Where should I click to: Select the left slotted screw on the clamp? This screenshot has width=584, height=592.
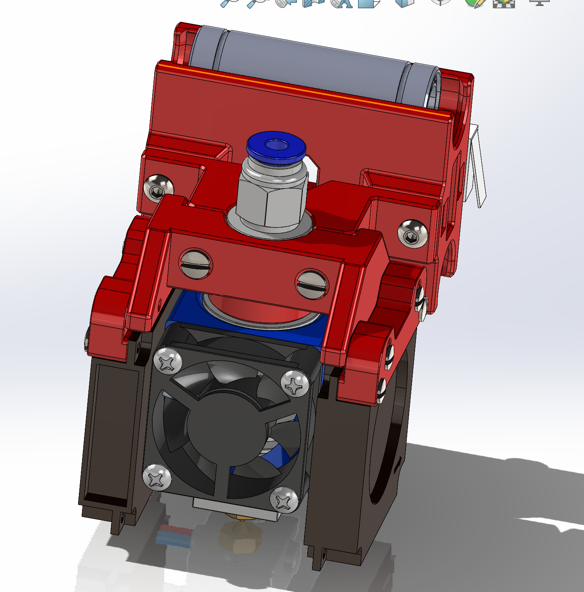coord(196,264)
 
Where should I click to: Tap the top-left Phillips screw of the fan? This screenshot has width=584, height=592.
coord(168,361)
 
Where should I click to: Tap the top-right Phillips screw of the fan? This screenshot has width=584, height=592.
coord(295,383)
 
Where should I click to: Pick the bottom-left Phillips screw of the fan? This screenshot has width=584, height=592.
coord(157,476)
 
